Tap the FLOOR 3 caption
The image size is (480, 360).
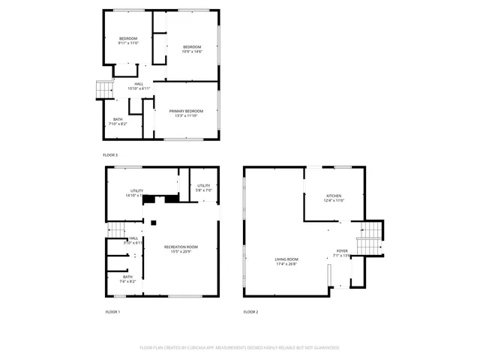pos(111,154)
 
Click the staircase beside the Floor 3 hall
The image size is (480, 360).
pos(100,90)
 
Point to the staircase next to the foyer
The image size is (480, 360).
pos(369,242)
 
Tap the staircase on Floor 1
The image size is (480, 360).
pos(115,229)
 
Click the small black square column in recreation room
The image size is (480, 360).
pos(153,222)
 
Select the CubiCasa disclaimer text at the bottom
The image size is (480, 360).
pos(240,347)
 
